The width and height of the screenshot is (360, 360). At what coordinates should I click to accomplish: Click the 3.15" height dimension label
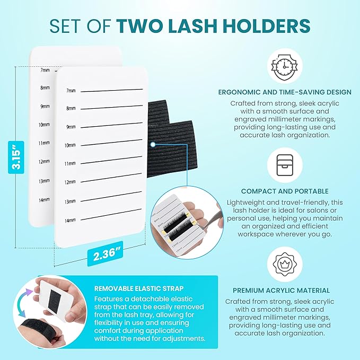(x=17, y=157)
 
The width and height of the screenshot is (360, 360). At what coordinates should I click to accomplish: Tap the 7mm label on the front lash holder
(x=71, y=91)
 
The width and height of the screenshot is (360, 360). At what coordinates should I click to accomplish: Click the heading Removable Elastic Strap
(x=133, y=289)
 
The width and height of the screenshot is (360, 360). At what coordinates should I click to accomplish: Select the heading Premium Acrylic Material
(x=281, y=291)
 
